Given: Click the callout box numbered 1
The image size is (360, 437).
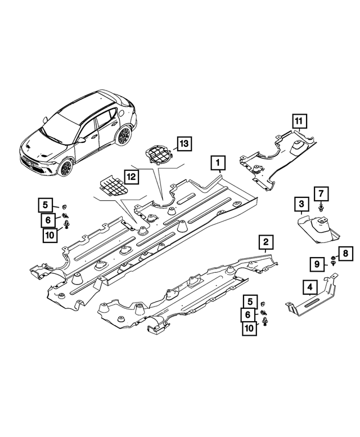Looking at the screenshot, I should (218, 164).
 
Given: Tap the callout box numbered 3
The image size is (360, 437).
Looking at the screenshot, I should (301, 204).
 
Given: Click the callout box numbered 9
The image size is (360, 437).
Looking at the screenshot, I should (317, 263).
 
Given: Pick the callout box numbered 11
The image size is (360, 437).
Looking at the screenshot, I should (299, 120).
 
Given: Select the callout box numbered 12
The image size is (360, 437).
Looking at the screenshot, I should (130, 177).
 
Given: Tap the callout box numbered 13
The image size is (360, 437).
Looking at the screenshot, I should (183, 144).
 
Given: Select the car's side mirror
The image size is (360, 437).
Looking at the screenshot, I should (82, 139).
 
